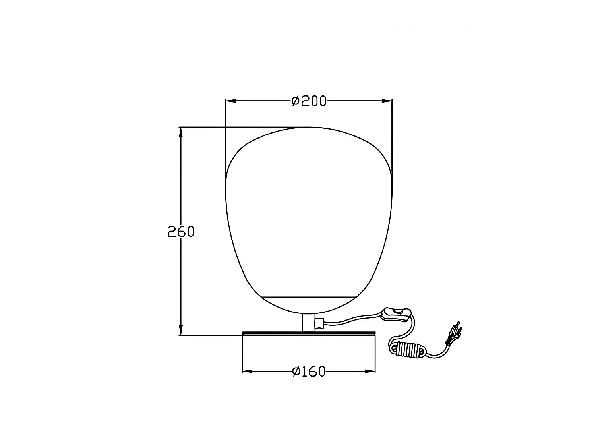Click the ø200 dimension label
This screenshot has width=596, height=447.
click(x=309, y=101)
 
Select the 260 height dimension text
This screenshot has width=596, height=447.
click(x=181, y=232)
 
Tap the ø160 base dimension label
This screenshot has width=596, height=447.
click(x=309, y=372)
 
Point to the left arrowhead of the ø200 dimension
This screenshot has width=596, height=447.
click(x=230, y=101)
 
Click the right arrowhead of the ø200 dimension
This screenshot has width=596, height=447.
click(x=387, y=101)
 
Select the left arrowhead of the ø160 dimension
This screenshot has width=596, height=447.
click(x=248, y=371)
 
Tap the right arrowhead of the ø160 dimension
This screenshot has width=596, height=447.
click(x=370, y=371)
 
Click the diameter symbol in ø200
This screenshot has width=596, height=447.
click(x=296, y=101)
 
